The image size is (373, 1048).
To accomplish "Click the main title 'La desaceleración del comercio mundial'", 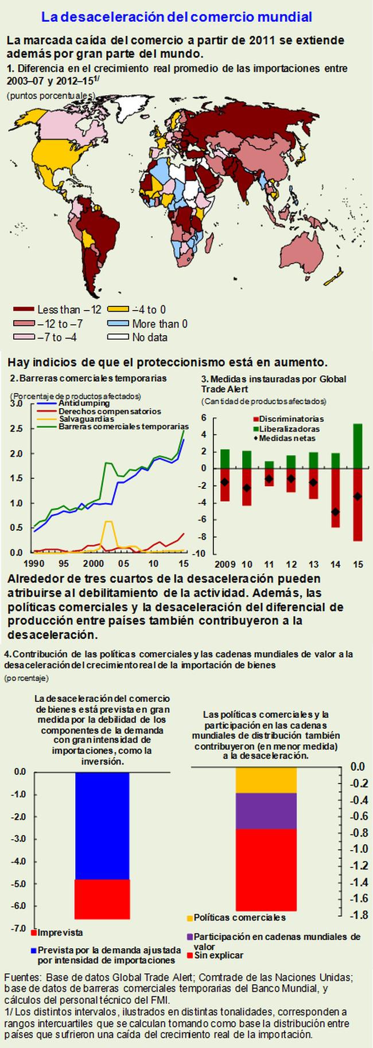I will coord(177,17).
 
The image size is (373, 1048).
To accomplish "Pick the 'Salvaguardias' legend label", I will coord(86,419).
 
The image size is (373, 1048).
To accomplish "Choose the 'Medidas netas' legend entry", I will coord(287,438).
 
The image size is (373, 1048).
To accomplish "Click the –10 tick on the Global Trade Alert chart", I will coord(202,553).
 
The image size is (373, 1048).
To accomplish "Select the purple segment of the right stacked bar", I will coord(266,811).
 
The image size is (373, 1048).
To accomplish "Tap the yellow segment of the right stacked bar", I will coord(266,780).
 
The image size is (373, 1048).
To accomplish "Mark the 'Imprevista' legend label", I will coord(60,949).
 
